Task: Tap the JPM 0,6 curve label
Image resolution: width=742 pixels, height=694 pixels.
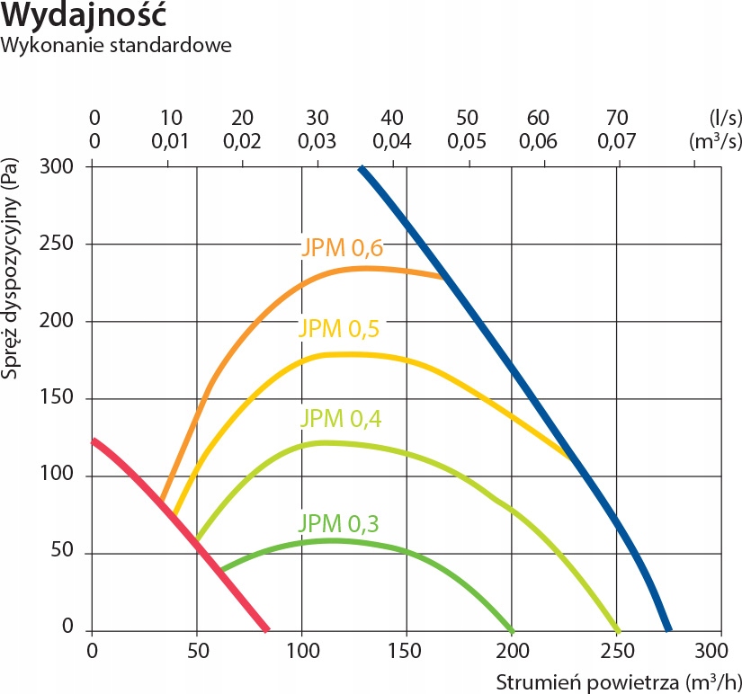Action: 343,248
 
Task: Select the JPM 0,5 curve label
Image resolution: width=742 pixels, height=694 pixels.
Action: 339,328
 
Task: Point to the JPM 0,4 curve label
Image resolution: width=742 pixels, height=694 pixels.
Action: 340,418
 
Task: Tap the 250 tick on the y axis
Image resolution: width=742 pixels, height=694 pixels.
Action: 67,245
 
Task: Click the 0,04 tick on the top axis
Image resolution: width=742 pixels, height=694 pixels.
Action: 391,141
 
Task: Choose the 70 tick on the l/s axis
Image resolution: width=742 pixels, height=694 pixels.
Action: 616,118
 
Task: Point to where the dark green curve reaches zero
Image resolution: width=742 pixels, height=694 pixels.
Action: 511,629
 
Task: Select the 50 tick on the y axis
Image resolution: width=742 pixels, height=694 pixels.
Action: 71,553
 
